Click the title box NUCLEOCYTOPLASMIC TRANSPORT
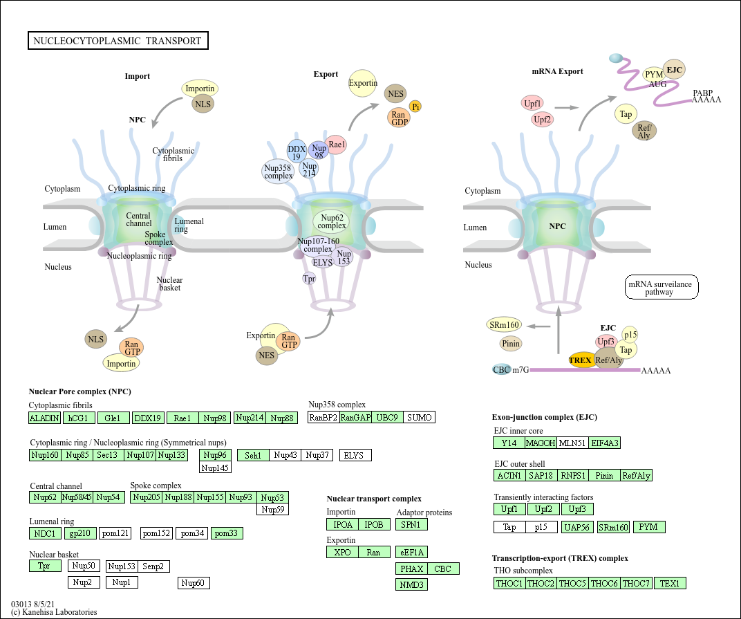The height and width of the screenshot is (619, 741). [x=118, y=41]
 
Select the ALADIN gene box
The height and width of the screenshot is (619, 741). [x=44, y=418]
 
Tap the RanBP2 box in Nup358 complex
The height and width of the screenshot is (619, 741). [x=323, y=417]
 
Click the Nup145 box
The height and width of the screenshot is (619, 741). [x=215, y=468]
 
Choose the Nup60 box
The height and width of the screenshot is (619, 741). [x=194, y=582]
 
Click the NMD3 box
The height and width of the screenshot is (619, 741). [x=412, y=584]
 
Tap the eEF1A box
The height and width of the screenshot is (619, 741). [x=412, y=552]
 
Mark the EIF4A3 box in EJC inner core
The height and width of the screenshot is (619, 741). [x=605, y=443]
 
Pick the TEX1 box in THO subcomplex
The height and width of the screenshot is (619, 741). [x=670, y=583]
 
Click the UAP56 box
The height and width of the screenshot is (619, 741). [x=579, y=527]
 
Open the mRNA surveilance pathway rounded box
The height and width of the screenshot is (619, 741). [x=662, y=287]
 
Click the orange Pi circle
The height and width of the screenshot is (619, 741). [x=415, y=106]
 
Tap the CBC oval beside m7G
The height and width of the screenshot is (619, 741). [x=501, y=370]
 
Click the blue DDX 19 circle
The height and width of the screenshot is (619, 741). [x=297, y=152]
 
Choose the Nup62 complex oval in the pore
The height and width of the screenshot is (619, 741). [x=331, y=221]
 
